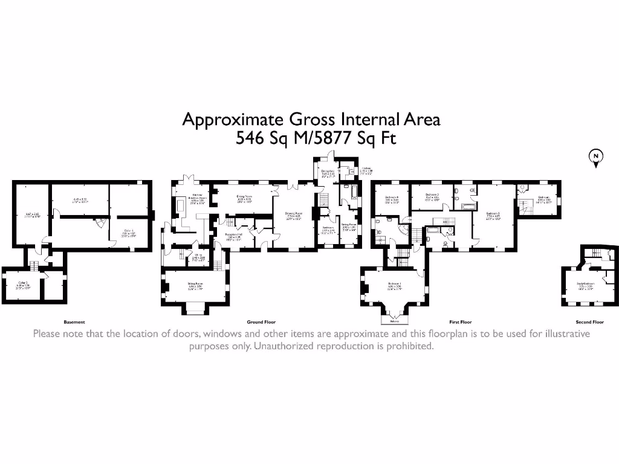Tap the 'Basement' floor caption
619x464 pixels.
pos(74,322)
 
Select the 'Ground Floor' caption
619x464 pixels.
pos(261,322)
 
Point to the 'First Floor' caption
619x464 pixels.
pos(460,322)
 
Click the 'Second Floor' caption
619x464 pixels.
pos(589,322)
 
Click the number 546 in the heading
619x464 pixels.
pos(250,138)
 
